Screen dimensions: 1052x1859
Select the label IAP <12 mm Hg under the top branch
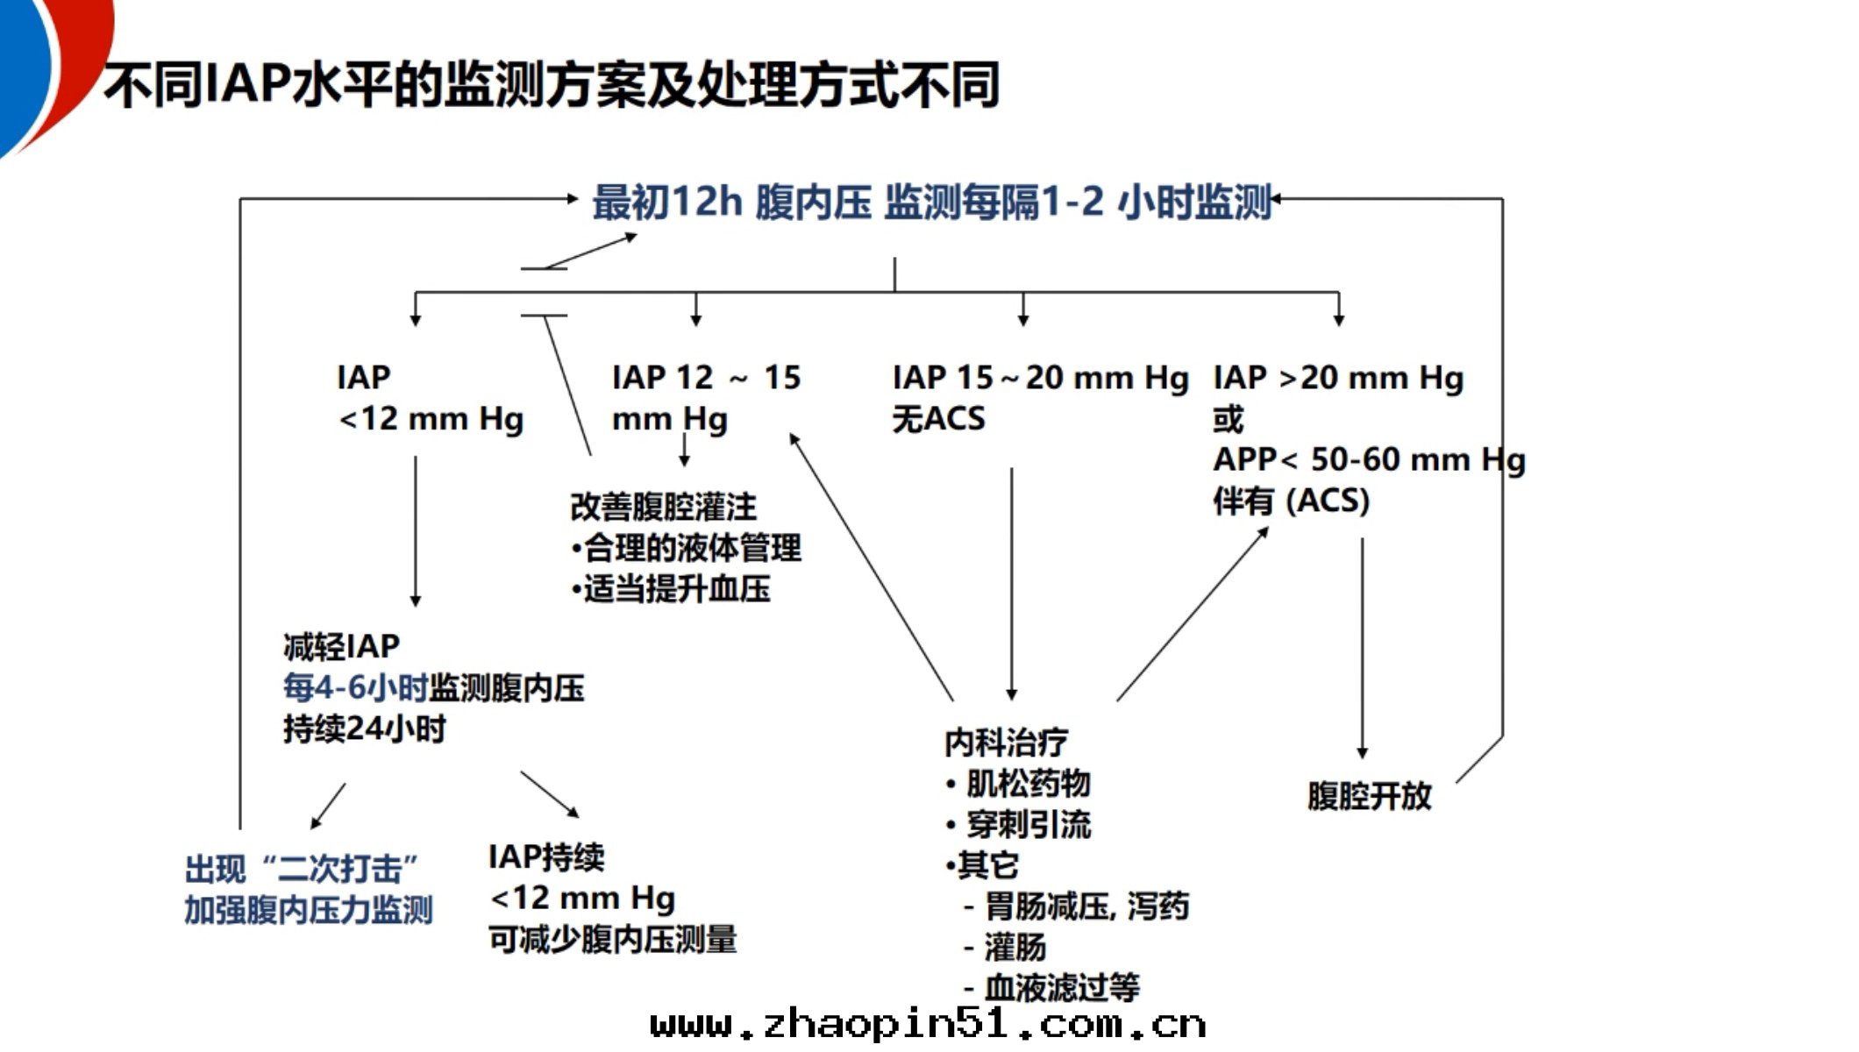(x=430, y=398)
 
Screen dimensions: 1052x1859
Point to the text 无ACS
(x=938, y=418)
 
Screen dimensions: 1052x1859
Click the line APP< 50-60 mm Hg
(x=1369, y=459)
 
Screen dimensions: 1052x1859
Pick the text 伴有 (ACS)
(x=1290, y=501)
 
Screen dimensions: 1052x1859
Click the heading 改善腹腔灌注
(x=663, y=507)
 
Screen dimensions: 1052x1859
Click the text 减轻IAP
(x=341, y=646)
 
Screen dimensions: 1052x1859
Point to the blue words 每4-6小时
(x=354, y=687)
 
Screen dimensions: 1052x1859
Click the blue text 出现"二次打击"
(x=303, y=869)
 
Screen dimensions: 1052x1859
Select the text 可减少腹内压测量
(x=612, y=939)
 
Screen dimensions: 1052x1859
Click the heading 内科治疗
(x=1005, y=742)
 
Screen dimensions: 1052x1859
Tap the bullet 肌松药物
(x=1026, y=783)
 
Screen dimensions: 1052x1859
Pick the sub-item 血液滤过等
(x=1060, y=988)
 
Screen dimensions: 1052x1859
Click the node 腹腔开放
(x=1369, y=795)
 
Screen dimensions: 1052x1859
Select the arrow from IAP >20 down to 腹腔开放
(x=1362, y=649)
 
